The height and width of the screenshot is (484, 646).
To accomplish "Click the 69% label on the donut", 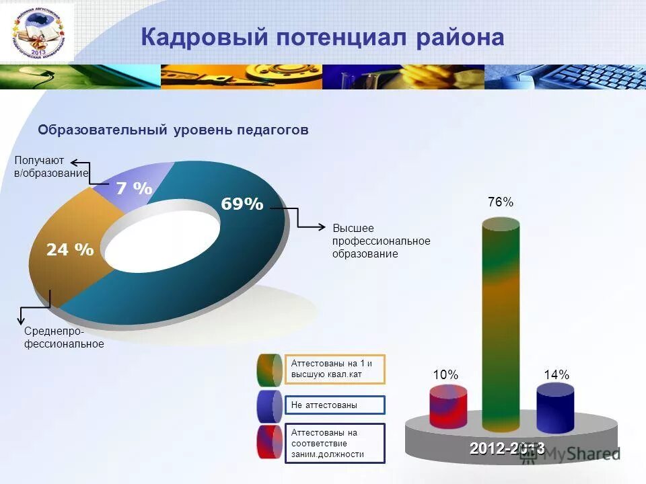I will [x=242, y=204].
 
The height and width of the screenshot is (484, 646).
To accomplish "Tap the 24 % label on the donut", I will [x=70, y=250].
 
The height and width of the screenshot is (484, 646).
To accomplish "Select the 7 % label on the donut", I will [x=134, y=189].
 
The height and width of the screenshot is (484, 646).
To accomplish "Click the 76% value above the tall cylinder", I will [x=500, y=202].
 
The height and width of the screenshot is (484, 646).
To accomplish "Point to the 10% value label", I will [x=445, y=375].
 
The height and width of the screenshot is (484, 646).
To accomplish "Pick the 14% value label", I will [x=556, y=375].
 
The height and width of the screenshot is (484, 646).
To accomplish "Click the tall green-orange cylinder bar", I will [x=501, y=323].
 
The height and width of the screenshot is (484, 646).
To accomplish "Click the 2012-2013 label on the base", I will [x=507, y=449].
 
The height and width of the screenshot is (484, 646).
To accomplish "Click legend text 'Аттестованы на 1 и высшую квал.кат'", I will [x=334, y=368].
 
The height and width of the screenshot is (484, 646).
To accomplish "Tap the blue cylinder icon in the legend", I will [x=269, y=405].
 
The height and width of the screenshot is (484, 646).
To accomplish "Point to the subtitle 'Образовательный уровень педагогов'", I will [x=173, y=130].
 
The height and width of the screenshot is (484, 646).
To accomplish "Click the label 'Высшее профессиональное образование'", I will [x=381, y=241].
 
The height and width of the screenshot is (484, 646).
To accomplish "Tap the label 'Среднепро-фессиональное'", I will [x=64, y=338].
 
